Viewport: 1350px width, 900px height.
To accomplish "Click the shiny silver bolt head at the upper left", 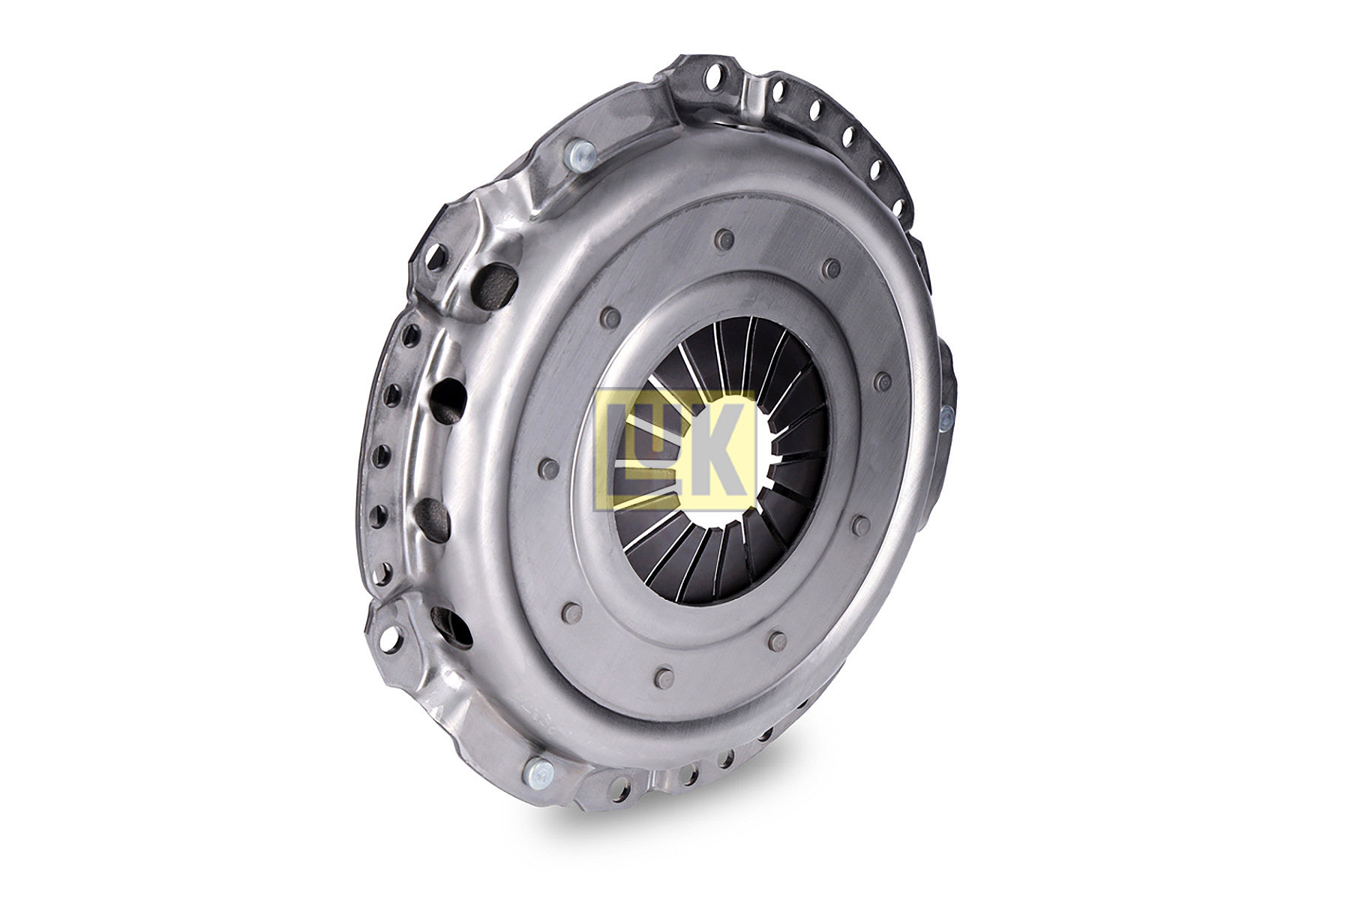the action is tap(580, 157).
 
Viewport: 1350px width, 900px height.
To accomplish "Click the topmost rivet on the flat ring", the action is tap(724, 238).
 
